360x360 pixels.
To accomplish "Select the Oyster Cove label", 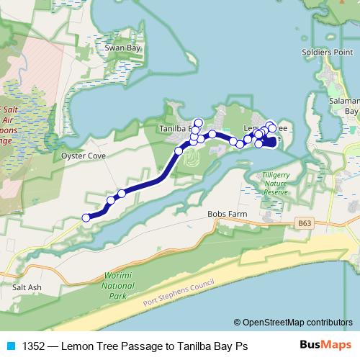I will (84, 155).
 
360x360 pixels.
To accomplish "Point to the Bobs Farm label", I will (227, 214).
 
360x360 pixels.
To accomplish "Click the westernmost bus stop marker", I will (86, 217).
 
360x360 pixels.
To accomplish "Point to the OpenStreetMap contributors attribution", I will (293, 323).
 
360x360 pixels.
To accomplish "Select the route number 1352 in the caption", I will (33, 346).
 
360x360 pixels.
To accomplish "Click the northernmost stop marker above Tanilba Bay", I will (199, 122).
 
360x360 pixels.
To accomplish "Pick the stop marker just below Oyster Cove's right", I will (122, 193).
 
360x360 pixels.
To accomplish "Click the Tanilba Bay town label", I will (172, 130).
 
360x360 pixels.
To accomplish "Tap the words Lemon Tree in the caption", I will (88, 346).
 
